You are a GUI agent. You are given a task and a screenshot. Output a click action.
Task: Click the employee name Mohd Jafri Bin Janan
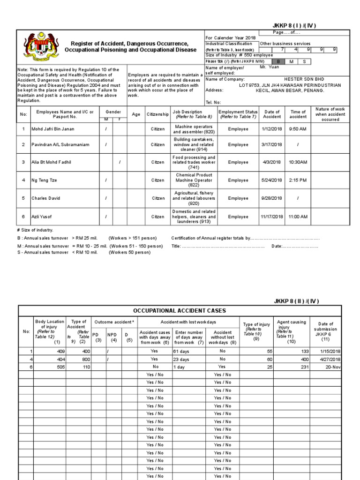(52, 129)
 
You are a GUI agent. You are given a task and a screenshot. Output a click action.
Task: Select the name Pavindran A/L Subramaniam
(60, 144)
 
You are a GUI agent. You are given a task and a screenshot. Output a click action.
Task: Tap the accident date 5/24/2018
(272, 180)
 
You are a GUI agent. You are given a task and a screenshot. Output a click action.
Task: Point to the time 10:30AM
(298, 162)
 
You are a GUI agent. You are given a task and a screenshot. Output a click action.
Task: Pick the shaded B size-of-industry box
(278, 61)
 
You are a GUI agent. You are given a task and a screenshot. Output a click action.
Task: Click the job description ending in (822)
(194, 180)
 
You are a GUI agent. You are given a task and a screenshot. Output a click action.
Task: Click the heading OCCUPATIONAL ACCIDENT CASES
(180, 310)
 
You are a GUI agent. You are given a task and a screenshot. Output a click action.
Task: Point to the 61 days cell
(181, 351)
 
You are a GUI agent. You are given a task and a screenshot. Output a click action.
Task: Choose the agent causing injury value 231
(305, 367)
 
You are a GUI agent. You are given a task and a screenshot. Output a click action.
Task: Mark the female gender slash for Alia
(120, 162)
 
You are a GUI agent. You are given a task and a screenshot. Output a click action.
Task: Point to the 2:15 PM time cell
(298, 180)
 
